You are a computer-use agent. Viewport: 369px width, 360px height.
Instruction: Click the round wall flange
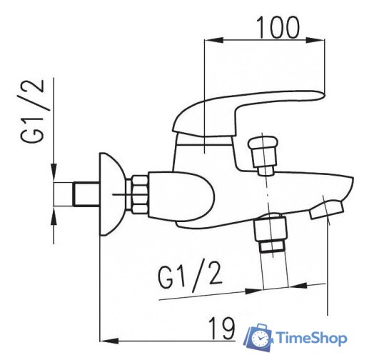tap(108, 194)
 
